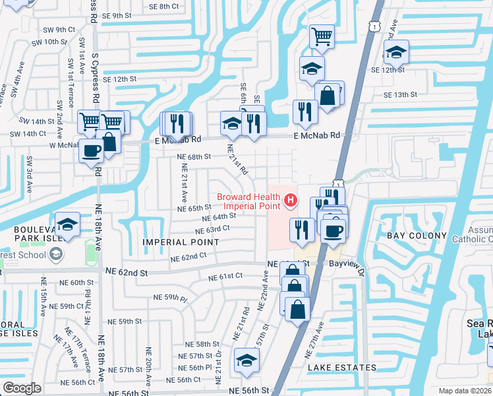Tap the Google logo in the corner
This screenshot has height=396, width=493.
tap(22, 387)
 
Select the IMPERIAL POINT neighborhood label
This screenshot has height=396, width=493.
tap(181, 242)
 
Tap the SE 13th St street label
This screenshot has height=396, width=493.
tap(410, 95)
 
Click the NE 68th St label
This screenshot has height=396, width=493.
tap(194, 157)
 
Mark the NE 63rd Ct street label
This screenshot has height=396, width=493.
tap(212, 230)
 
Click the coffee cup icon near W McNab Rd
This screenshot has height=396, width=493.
tap(92, 150)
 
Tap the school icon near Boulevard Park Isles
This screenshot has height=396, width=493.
tap(67, 224)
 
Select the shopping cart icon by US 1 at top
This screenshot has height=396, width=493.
tap(322, 36)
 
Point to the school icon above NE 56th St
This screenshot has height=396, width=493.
tap(246, 360)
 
